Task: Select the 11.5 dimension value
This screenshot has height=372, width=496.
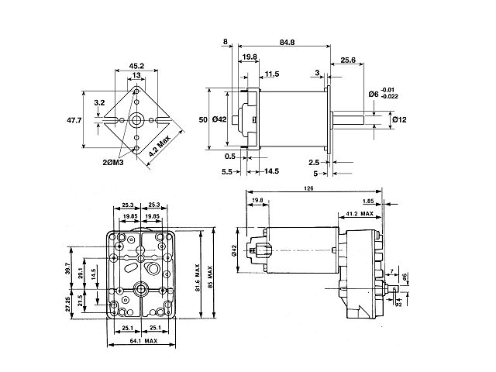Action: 271,74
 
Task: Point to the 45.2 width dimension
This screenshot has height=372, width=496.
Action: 136,65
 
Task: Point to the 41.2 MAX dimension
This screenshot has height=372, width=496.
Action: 360,213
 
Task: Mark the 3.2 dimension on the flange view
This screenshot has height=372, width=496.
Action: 99,102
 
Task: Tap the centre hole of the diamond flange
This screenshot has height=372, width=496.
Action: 136,121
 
